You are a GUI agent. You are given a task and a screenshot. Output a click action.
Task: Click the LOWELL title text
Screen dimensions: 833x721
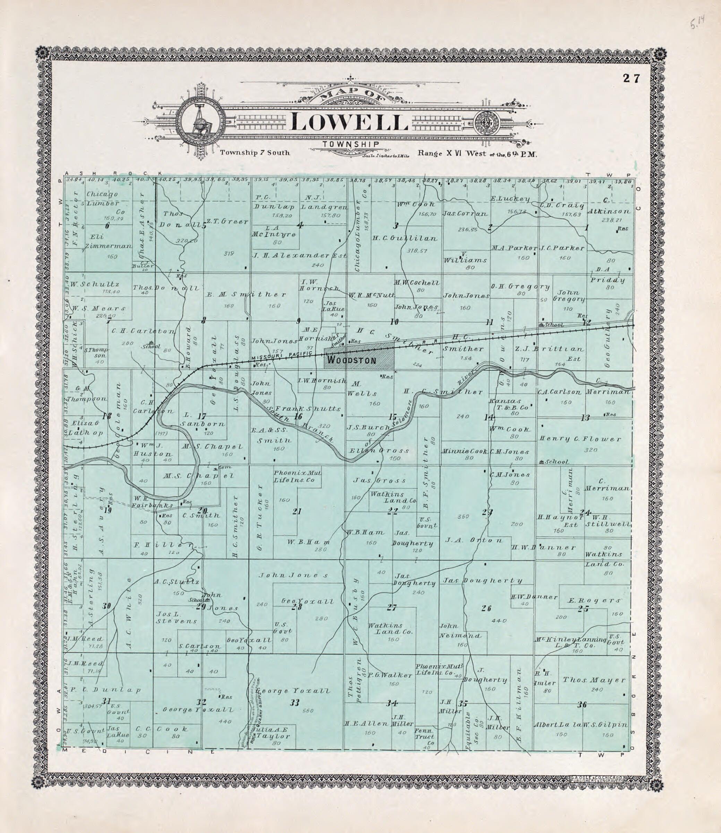[348, 122]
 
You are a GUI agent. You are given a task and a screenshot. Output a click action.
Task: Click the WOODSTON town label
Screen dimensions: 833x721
[352, 360]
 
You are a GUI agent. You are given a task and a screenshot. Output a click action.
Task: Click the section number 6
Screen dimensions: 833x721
[107, 226]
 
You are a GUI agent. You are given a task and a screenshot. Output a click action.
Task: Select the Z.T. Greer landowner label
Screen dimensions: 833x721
[227, 221]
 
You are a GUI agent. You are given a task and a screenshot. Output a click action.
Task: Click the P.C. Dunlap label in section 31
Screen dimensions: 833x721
[106, 690]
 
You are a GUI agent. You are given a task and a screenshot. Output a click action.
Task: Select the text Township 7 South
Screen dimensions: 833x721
[254, 153]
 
